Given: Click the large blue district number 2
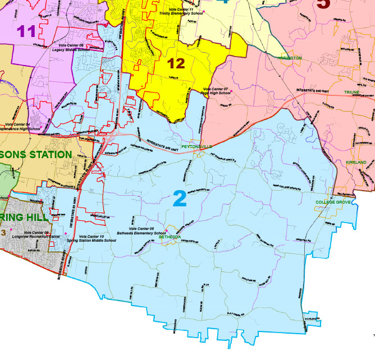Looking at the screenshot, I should point(180,199).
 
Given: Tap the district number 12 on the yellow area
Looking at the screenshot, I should point(176,63).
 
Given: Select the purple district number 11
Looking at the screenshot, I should point(26,31).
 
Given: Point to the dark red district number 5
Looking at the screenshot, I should point(323,4).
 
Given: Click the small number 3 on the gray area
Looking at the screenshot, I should point(3,233).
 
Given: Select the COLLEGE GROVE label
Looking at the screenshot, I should point(332,202).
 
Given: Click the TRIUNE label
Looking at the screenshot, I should point(352,91).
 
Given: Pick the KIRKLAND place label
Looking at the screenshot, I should point(356,162).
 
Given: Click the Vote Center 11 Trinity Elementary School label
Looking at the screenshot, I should point(180,11).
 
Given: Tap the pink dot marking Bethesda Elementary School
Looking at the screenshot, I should point(166,231).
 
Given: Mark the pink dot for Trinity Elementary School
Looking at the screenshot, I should point(205,11).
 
